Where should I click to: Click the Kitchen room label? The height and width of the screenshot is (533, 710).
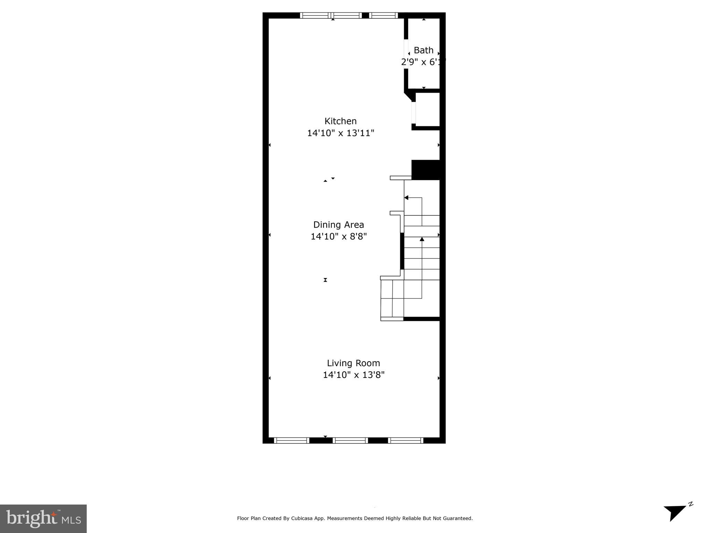click(340, 121)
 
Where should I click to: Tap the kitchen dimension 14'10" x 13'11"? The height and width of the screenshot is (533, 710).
click(340, 133)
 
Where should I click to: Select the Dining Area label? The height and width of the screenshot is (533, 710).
click(339, 225)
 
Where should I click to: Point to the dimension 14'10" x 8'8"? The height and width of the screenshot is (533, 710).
click(339, 236)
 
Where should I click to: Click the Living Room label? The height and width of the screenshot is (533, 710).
click(353, 363)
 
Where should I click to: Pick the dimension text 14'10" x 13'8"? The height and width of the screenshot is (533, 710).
click(353, 375)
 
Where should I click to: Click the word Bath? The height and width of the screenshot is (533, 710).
click(424, 50)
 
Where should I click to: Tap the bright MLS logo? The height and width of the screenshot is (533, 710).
click(43, 518)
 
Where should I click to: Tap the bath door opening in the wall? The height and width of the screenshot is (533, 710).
click(406, 54)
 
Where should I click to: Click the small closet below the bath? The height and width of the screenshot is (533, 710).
click(427, 109)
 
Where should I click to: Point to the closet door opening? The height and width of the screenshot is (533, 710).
click(413, 112)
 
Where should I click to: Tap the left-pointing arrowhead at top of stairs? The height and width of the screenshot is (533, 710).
click(407, 198)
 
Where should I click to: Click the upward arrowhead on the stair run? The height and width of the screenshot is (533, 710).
click(422, 239)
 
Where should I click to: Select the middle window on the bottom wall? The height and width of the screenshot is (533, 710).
click(350, 440)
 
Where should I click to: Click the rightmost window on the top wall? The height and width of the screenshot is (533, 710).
click(383, 15)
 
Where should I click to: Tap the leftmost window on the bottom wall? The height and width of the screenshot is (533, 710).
click(291, 440)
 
